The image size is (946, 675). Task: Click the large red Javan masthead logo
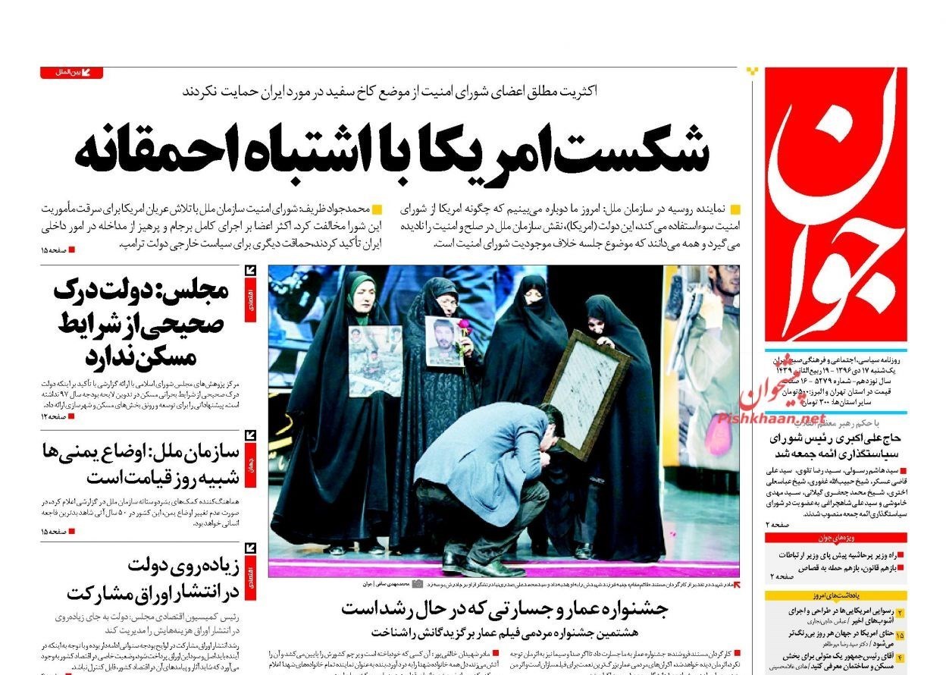coord(835,205)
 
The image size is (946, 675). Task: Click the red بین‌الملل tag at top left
coord(71,73)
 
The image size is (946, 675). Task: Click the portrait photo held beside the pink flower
coord(443,341)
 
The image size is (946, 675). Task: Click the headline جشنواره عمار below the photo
coord(503,608)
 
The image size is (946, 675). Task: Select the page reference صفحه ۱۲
coord(58,416)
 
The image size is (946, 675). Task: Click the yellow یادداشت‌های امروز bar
coord(835,596)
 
